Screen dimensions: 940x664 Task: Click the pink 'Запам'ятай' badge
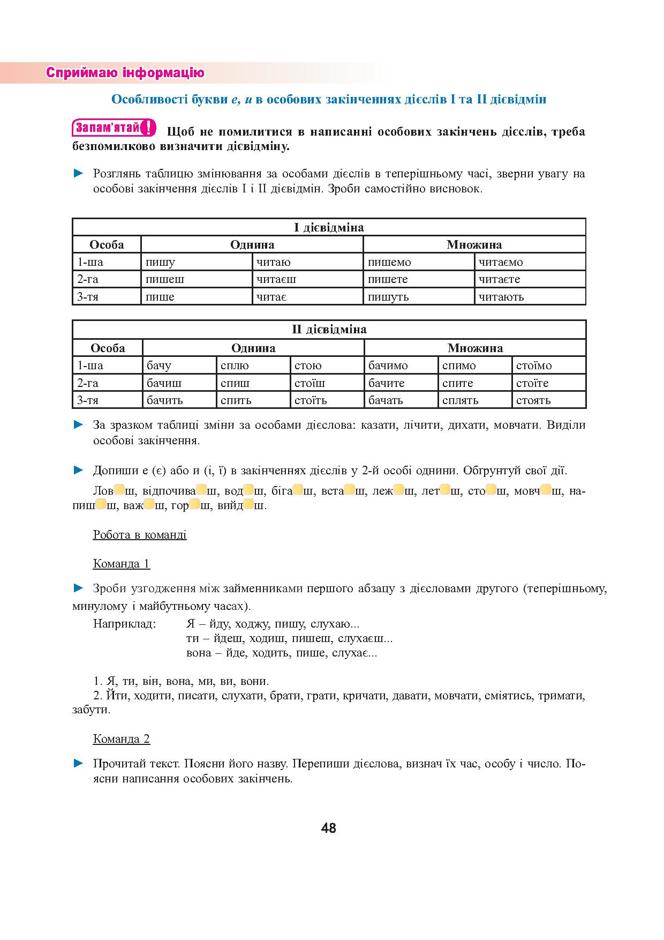114,129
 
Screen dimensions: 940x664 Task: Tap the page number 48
329,828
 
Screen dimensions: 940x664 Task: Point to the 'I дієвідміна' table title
329,227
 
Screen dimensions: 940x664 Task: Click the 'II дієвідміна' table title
329,329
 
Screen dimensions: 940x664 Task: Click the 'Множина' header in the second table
475,348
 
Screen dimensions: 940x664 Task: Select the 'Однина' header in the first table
252,245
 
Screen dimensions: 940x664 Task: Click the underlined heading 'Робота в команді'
140,534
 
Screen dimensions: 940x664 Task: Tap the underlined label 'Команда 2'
122,739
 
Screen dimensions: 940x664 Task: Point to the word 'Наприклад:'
125,624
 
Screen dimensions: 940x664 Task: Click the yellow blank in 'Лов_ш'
119,490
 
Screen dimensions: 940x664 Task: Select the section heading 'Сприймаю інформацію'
125,73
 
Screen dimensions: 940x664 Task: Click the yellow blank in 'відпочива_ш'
202,490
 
